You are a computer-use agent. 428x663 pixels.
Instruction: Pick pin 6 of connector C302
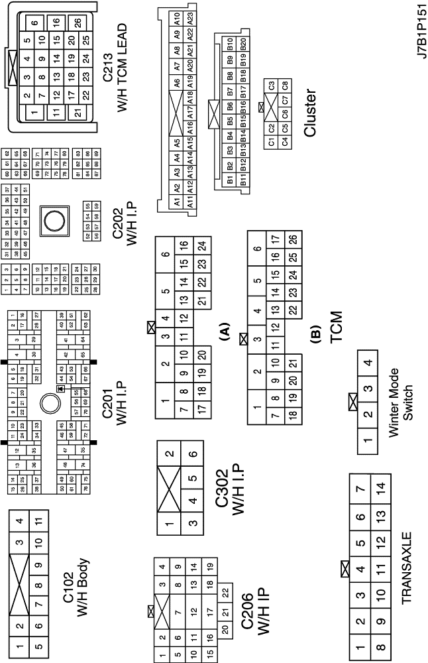(192, 455)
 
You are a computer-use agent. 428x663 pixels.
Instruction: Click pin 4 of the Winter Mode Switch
(369, 363)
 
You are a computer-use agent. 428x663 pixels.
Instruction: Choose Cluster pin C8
(285, 85)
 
